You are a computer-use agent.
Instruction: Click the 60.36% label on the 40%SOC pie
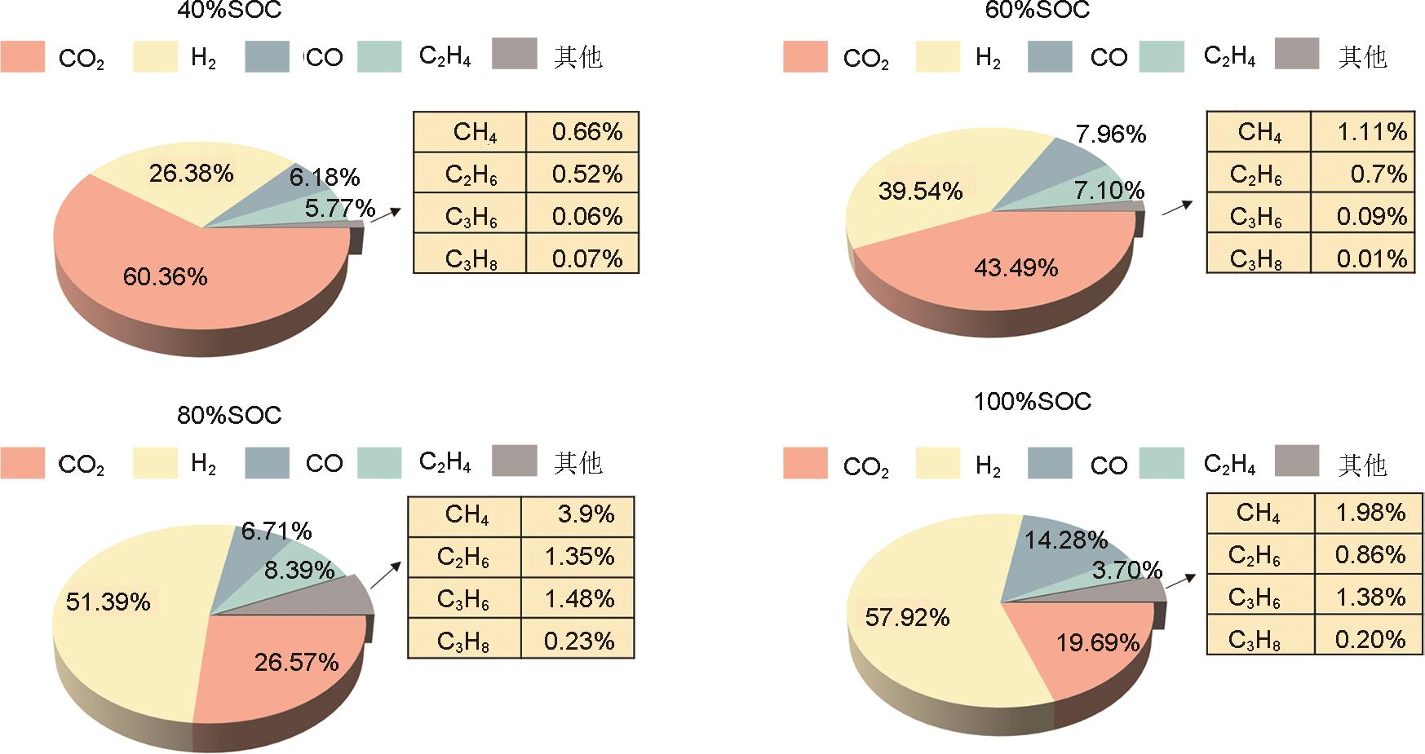pyautogui.click(x=165, y=277)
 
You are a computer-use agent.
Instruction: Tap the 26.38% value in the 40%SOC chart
pyautogui.click(x=191, y=173)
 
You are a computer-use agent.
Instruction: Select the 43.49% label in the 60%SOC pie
pyautogui.click(x=1016, y=267)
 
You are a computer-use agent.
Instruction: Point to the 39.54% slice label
pyautogui.click(x=920, y=191)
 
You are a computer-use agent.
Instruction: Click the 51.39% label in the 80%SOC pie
pyautogui.click(x=108, y=602)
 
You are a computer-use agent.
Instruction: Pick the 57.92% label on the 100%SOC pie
pyautogui.click(x=907, y=617)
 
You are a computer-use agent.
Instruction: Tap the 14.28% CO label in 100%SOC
pyautogui.click(x=1065, y=540)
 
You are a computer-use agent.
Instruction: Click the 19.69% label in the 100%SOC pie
pyautogui.click(x=1098, y=642)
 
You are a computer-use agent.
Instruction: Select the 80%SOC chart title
pyautogui.click(x=229, y=415)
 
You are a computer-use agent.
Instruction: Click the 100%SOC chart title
pyautogui.click(x=1033, y=401)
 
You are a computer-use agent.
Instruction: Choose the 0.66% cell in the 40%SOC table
pyautogui.click(x=586, y=131)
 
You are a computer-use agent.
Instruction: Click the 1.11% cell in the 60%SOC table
pyautogui.click(x=1372, y=131)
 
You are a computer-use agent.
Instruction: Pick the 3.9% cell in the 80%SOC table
pyautogui.click(x=586, y=514)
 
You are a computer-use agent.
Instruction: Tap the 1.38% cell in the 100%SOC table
pyautogui.click(x=1370, y=597)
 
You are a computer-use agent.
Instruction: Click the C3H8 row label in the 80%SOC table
pyautogui.click(x=463, y=642)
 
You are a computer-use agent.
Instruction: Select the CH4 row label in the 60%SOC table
pyautogui.click(x=1259, y=131)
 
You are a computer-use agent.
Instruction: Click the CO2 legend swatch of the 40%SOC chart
pyautogui.click(x=23, y=57)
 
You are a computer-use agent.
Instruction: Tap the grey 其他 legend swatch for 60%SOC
pyautogui.click(x=1296, y=53)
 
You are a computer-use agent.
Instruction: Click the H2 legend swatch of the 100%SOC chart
pyautogui.click(x=938, y=463)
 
